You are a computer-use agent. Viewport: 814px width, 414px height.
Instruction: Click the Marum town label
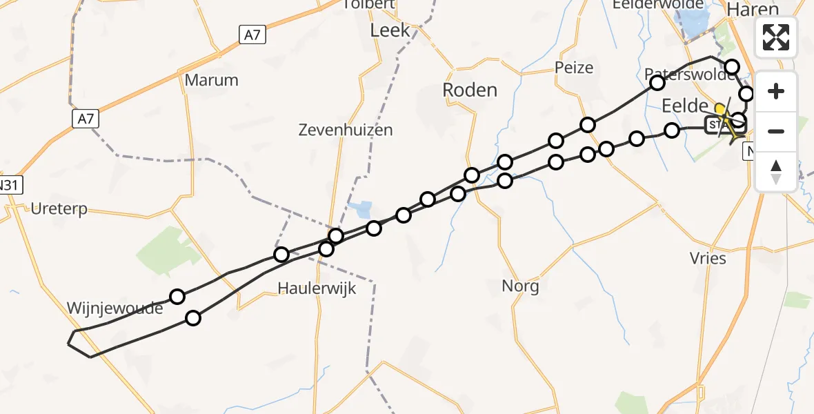coord(212,80)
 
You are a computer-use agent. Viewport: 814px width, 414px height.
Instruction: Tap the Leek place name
coord(390,30)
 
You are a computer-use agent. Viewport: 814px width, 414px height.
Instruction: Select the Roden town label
coord(469,90)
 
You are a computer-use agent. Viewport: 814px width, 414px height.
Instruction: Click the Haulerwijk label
coord(317,288)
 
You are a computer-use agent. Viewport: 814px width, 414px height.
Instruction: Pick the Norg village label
coord(520,285)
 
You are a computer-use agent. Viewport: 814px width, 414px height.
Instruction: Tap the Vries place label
coord(708,259)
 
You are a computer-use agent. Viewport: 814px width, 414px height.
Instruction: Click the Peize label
coord(573,68)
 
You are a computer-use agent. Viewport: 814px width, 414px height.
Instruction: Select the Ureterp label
coord(59,209)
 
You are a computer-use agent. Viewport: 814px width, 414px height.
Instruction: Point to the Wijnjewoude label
coord(115,308)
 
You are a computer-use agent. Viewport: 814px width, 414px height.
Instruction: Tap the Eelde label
coord(685,106)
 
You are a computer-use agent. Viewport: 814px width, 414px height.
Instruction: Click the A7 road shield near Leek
coord(252,34)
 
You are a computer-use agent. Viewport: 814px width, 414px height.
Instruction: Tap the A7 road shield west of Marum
coord(85,119)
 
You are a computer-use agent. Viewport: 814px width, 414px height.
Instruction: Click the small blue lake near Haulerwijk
coord(361,208)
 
